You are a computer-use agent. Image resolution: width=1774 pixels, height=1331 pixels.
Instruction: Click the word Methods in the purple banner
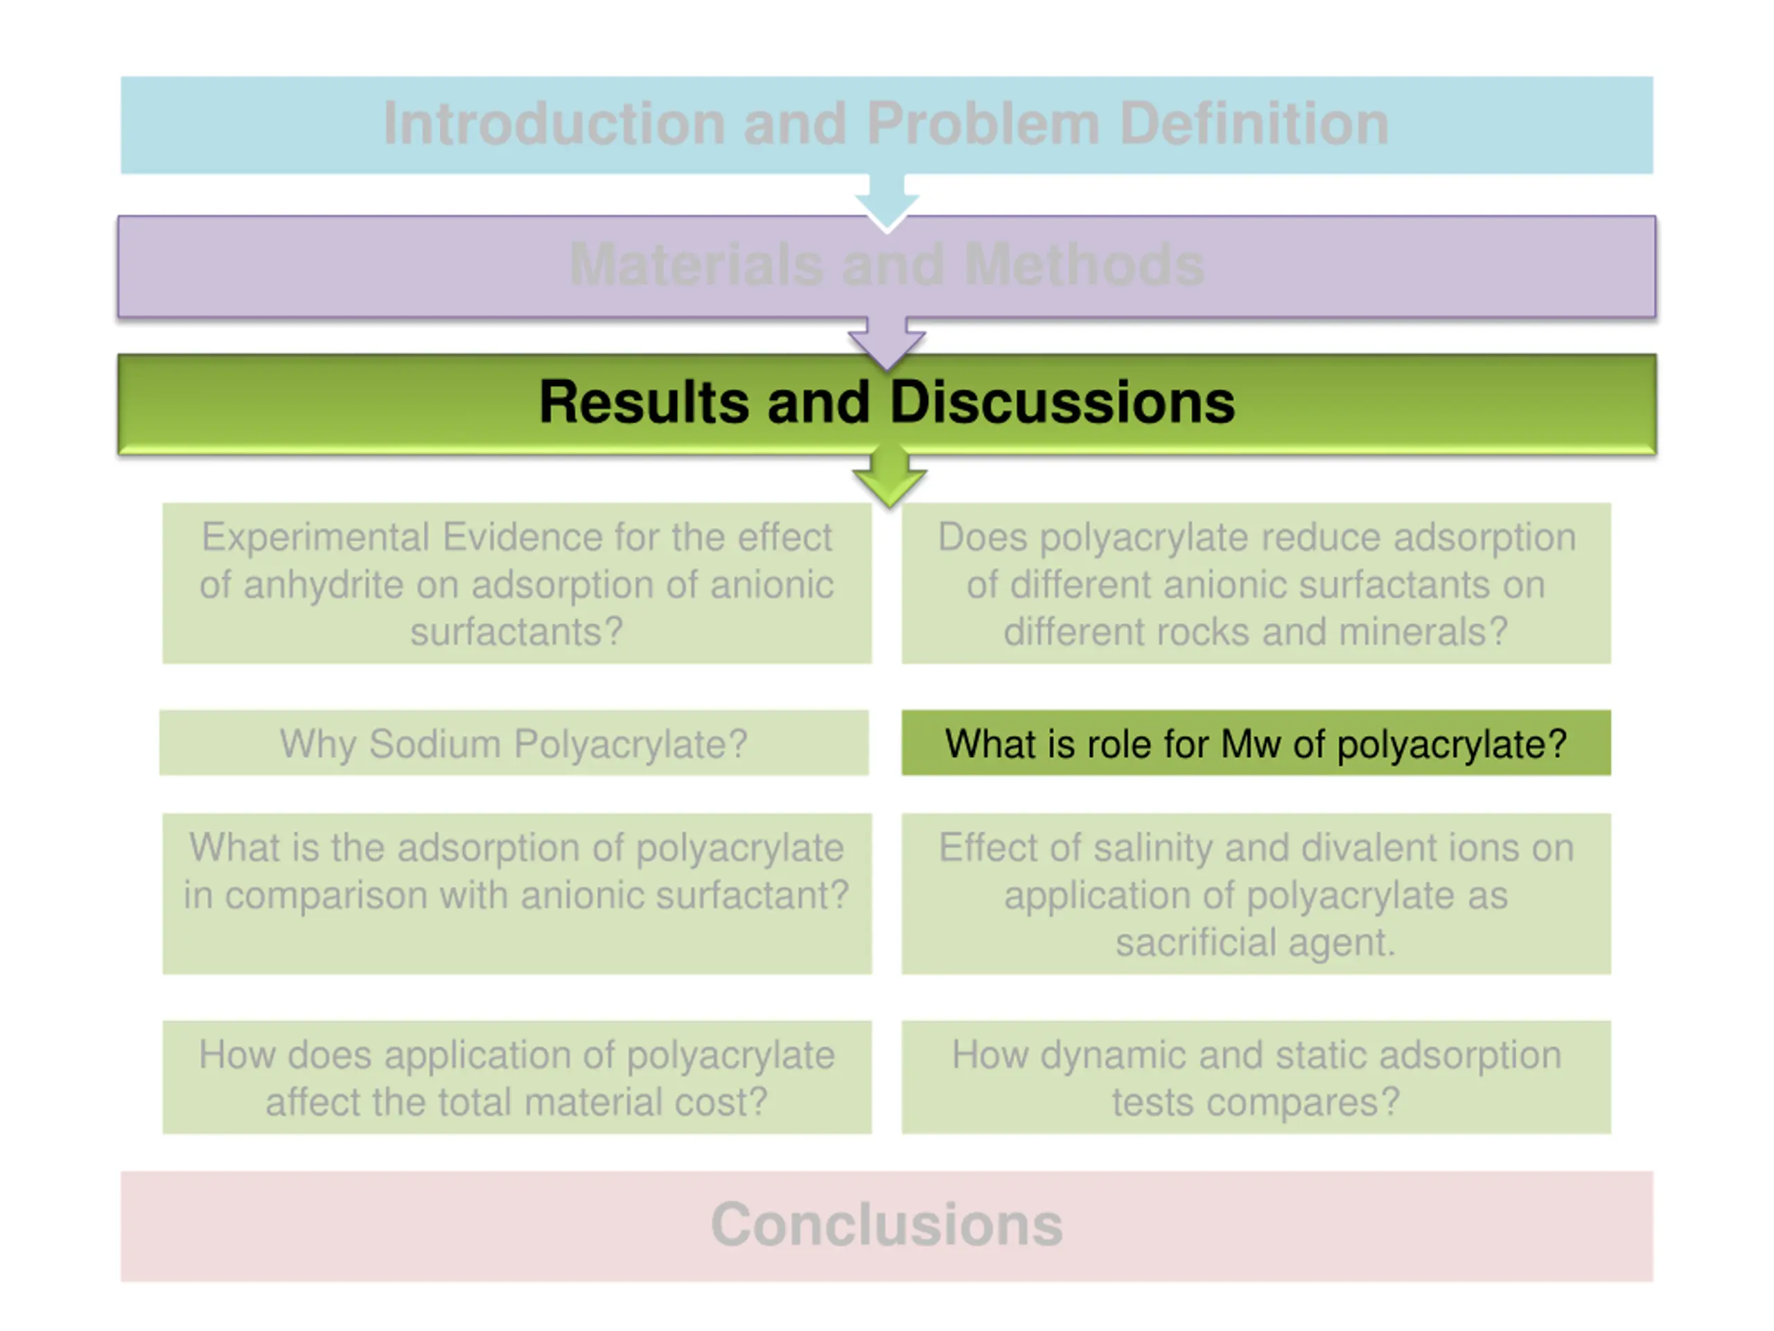pos(1084,264)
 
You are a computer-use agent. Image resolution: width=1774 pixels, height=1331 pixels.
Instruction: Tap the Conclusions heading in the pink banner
pos(887,1224)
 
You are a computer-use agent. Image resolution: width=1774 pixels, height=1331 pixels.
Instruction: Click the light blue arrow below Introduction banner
pos(887,202)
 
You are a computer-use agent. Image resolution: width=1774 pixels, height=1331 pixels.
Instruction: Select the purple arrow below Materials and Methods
pos(887,343)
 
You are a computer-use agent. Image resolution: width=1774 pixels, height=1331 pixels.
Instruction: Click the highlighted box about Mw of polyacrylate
pos(1256,742)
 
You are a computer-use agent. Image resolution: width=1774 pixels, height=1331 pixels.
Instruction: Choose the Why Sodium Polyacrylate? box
pos(514,742)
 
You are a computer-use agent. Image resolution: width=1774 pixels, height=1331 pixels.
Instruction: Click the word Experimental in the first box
pos(315,537)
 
